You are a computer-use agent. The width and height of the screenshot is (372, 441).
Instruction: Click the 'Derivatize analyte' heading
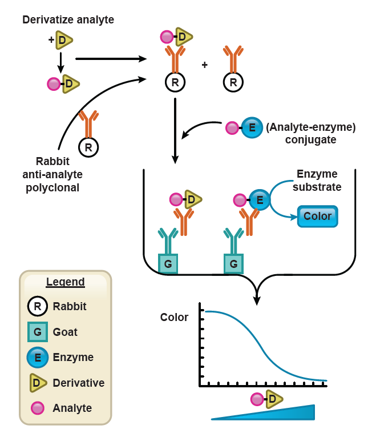pyautogui.click(x=68, y=20)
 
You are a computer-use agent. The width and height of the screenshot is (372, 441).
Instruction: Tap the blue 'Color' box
pyautogui.click(x=318, y=217)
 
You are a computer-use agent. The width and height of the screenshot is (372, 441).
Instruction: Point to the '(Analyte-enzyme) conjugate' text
pyautogui.click(x=311, y=133)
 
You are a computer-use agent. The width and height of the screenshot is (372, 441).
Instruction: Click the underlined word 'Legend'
pyautogui.click(x=65, y=282)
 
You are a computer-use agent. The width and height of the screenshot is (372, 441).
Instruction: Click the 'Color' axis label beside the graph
pyautogui.click(x=174, y=318)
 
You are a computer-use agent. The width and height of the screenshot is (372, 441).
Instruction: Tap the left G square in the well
pyautogui.click(x=168, y=264)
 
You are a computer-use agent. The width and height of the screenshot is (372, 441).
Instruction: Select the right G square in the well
pyautogui.click(x=233, y=264)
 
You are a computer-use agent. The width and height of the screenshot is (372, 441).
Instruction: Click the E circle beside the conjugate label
pyautogui.click(x=252, y=127)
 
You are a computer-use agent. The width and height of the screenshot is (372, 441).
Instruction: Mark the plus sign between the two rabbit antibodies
pyautogui.click(x=204, y=65)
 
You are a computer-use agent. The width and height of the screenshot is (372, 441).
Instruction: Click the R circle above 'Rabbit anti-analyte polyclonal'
pyautogui.click(x=88, y=147)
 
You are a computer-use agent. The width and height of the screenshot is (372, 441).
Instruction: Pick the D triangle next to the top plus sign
pyautogui.click(x=64, y=39)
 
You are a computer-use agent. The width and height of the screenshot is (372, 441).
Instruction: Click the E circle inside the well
pyautogui.click(x=259, y=200)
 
